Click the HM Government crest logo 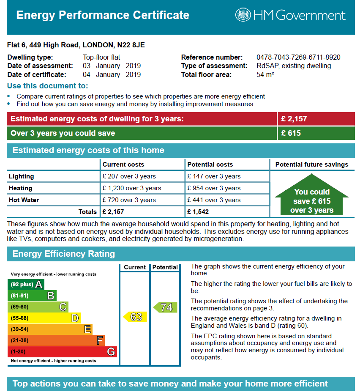click(243, 16)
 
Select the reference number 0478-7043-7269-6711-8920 click(298, 58)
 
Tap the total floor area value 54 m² click(265, 75)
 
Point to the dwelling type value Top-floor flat click(104, 58)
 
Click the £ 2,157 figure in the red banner click(294, 119)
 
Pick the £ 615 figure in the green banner click(291, 133)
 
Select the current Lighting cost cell click(129, 176)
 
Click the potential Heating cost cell click(214, 188)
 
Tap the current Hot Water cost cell click(129, 200)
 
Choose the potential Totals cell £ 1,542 click(198, 211)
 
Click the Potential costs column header click(210, 164)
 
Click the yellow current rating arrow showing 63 click(135, 317)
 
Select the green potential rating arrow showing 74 click(165, 307)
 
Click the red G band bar click(62, 351)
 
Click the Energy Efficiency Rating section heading click(64, 254)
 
